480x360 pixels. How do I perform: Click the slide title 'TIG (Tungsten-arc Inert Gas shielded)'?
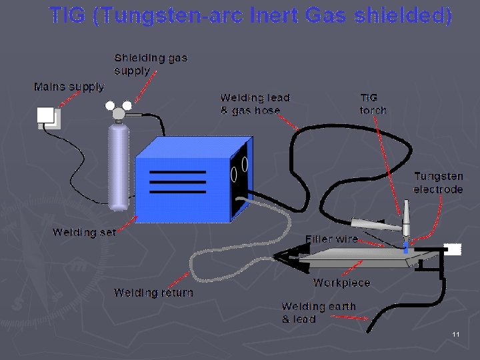tap(251, 15)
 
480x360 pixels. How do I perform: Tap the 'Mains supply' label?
tap(69, 87)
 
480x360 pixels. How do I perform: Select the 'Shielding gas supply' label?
tap(151, 64)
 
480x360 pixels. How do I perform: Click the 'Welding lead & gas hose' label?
tap(255, 104)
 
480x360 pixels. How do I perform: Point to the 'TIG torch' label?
tap(373, 104)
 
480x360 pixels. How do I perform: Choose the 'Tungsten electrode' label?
tap(438, 183)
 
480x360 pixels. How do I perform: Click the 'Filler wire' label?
tap(331, 239)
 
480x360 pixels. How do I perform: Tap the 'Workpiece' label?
tap(341, 283)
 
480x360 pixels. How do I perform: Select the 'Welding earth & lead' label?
tap(319, 313)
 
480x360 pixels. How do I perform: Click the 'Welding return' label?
tap(153, 293)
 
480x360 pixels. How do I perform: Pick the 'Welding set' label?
tap(84, 232)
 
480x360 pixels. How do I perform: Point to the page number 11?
tap(456, 334)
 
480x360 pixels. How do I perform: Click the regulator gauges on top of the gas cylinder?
tap(119, 110)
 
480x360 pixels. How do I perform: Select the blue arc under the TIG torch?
tap(407, 247)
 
